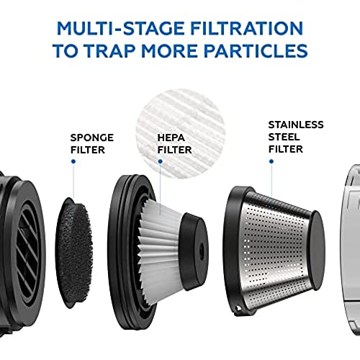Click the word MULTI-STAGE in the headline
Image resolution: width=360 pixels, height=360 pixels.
click(x=121, y=28)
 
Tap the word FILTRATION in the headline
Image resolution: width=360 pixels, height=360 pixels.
click(x=247, y=28)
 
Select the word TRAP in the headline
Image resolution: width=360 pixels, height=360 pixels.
click(x=111, y=50)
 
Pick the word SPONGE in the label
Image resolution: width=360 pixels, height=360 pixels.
click(x=92, y=138)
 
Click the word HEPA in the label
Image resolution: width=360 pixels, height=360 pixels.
click(x=171, y=138)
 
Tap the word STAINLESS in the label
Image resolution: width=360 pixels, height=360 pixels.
click(x=296, y=125)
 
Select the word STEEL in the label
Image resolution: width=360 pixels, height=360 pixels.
click(x=284, y=137)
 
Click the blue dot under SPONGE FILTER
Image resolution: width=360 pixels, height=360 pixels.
click(x=73, y=161)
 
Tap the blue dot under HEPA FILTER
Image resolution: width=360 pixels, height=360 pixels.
click(x=161, y=161)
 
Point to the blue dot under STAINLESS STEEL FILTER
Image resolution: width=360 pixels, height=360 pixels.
click(x=271, y=161)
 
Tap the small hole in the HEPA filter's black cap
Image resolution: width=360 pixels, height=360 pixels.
click(x=201, y=250)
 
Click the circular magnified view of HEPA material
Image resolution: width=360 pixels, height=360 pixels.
click(x=181, y=134)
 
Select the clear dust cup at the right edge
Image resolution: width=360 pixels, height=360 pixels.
click(x=352, y=250)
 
